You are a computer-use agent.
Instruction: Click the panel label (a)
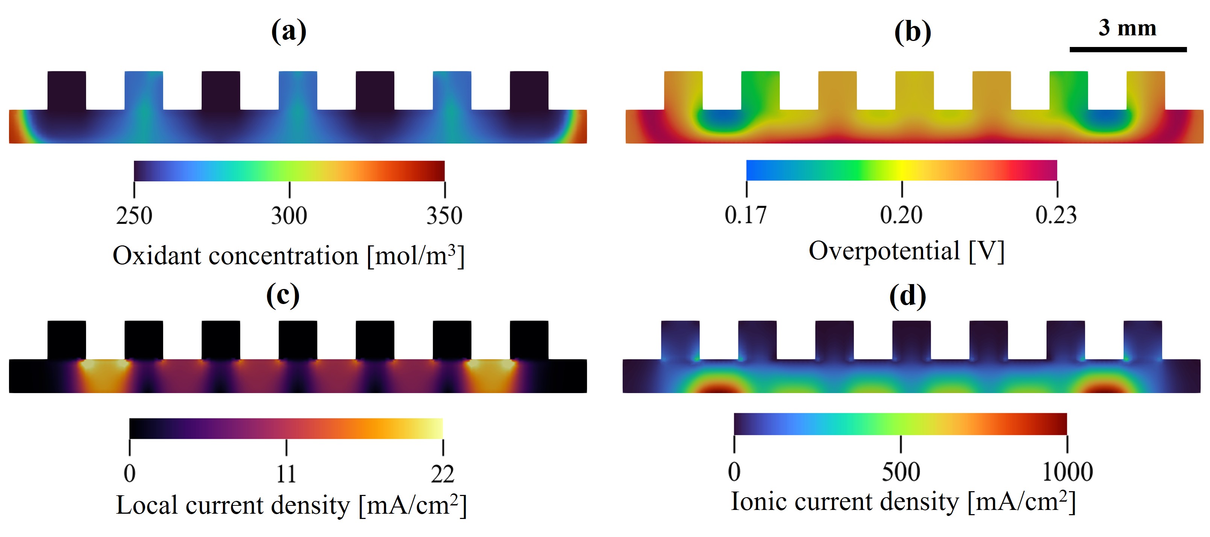click(x=288, y=32)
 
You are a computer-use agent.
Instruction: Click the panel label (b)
click(x=912, y=32)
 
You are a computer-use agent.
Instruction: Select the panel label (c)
click(x=283, y=295)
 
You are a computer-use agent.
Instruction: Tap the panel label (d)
click(x=908, y=296)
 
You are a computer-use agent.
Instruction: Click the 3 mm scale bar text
click(x=1127, y=28)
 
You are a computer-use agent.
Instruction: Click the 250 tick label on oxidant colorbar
click(x=134, y=216)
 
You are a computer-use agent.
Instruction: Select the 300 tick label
click(x=290, y=216)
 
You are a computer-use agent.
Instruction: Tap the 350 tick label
click(x=444, y=216)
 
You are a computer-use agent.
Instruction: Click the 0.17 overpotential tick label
click(x=746, y=215)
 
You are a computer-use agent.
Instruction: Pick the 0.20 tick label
click(x=901, y=215)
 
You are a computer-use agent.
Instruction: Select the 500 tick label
click(x=901, y=472)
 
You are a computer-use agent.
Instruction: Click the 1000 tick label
click(x=1067, y=472)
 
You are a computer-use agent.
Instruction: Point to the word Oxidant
click(x=157, y=256)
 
